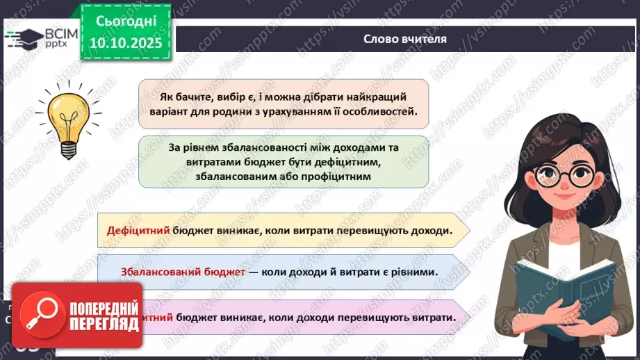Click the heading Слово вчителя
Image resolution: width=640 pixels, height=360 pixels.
tap(405, 39)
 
